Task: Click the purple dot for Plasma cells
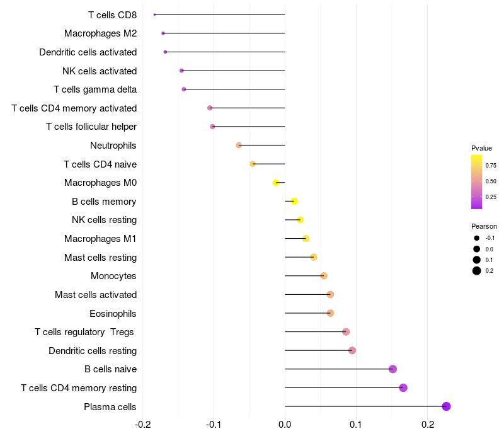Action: pos(446,406)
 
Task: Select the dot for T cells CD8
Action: pos(154,14)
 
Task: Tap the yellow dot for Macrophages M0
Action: pos(276,183)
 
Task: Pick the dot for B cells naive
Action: pos(392,369)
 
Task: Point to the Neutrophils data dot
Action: pos(239,146)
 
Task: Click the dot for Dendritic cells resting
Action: pos(352,350)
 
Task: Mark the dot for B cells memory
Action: pos(294,202)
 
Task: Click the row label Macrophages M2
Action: pos(100,33)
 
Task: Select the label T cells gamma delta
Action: pos(95,89)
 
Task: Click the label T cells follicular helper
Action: pos(91,127)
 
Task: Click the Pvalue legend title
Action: pos(481,148)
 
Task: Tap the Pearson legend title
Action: pos(484,226)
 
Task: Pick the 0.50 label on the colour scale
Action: pos(491,181)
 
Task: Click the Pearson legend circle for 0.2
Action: pos(477,271)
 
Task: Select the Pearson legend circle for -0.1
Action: pos(477,238)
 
